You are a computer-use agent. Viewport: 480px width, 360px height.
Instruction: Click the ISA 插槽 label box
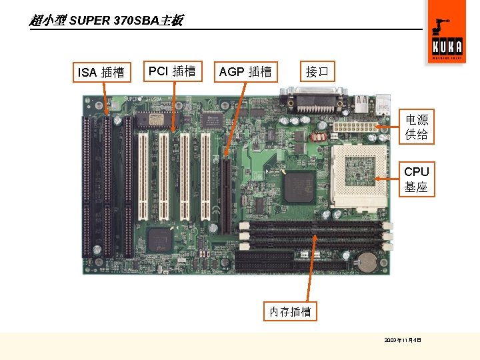[x=101, y=72]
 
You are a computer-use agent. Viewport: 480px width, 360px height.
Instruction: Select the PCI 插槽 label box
[x=171, y=71]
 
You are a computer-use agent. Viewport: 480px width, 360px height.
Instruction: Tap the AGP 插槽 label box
[x=245, y=72]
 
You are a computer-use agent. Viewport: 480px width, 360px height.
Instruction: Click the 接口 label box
[x=317, y=71]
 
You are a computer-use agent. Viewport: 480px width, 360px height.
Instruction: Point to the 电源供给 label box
[x=417, y=127]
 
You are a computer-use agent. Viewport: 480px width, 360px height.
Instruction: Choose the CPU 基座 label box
[x=417, y=179]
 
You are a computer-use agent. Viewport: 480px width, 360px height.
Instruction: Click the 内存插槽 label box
[x=290, y=311]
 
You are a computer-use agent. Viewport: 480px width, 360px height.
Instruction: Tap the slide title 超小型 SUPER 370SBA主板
[x=106, y=21]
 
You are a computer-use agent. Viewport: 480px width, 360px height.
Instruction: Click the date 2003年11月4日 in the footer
[x=403, y=340]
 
